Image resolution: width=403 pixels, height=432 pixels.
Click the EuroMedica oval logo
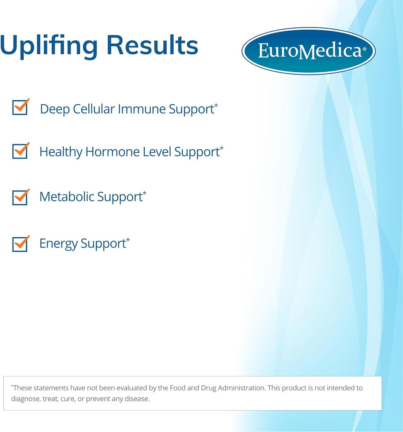click(x=309, y=51)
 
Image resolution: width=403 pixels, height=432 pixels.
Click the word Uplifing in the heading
click(x=49, y=46)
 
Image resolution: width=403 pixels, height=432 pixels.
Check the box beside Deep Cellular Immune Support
click(x=20, y=107)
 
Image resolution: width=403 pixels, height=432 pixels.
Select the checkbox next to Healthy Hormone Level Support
click(x=20, y=151)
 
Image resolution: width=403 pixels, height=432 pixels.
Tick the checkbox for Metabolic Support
click(x=20, y=197)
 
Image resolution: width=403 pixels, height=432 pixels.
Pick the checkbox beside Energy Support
click(x=20, y=244)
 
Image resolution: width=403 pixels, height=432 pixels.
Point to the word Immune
click(x=142, y=109)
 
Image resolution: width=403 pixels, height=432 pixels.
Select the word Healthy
click(x=61, y=152)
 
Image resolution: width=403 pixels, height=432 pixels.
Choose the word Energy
click(x=58, y=244)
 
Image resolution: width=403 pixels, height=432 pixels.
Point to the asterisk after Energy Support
click(x=128, y=240)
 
